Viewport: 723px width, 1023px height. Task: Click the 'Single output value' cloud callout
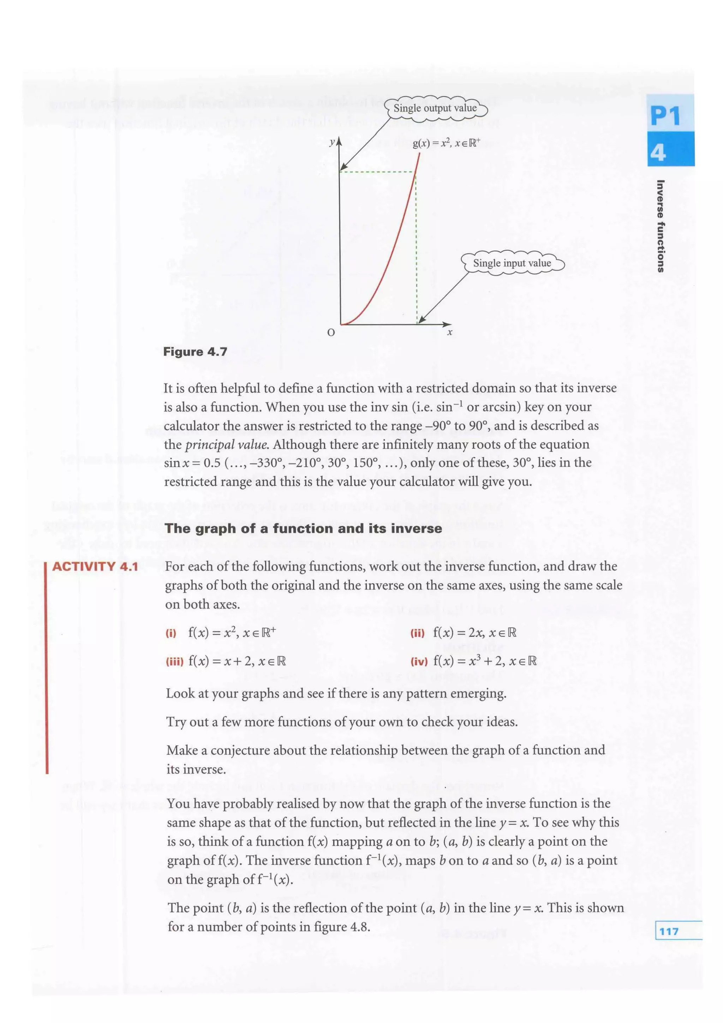[x=435, y=108]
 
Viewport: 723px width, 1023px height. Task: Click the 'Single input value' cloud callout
[x=512, y=263]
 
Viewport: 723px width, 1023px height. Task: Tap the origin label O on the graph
[x=330, y=333]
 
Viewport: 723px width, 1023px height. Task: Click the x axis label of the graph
[x=450, y=333]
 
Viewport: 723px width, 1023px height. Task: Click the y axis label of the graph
[x=331, y=143]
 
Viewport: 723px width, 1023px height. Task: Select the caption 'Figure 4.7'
[x=195, y=352]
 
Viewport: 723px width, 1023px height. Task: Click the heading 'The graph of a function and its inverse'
[x=303, y=528]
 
